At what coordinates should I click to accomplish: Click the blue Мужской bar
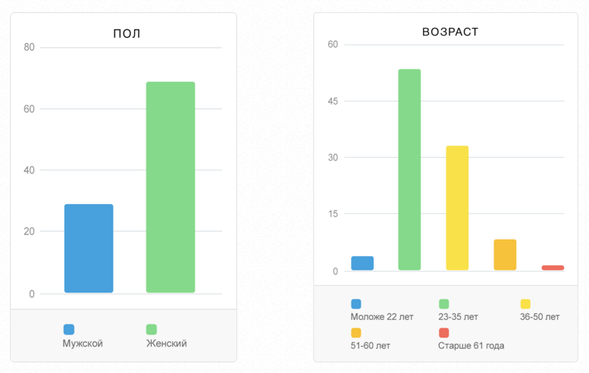[89, 248]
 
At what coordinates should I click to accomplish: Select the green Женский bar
[170, 186]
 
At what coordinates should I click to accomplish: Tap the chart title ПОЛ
[127, 33]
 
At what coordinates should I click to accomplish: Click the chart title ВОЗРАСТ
[450, 32]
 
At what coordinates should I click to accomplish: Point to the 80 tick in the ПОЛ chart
[29, 47]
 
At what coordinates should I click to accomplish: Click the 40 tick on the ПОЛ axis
[29, 170]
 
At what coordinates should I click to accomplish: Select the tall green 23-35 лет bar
[409, 170]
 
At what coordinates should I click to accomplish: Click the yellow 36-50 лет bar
[457, 208]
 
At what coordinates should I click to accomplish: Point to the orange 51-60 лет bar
[505, 255]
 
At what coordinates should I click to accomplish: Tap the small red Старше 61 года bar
[553, 268]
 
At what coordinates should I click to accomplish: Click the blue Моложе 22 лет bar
[362, 263]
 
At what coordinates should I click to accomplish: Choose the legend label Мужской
[83, 343]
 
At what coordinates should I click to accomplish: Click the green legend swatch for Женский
[152, 330]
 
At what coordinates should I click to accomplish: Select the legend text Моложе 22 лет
[382, 317]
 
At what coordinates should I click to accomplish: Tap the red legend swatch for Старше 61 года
[443, 333]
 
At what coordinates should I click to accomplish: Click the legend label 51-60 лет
[371, 346]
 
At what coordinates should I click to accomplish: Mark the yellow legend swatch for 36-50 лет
[525, 304]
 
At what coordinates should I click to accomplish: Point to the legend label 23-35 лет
[459, 317]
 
